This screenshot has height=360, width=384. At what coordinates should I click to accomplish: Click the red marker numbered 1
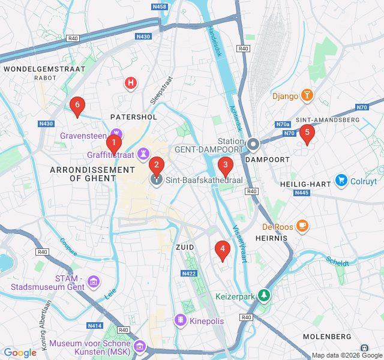(113, 143)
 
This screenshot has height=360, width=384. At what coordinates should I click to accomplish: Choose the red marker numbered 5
(307, 133)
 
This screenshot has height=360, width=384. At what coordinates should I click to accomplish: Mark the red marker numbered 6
(76, 105)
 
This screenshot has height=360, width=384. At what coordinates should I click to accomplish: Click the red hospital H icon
(130, 83)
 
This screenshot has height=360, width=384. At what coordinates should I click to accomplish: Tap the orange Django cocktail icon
(307, 95)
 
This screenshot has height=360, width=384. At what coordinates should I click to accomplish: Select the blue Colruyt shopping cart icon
(341, 180)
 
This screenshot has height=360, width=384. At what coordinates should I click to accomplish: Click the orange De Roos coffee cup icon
(302, 226)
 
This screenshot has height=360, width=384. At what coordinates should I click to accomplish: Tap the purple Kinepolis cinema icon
(180, 320)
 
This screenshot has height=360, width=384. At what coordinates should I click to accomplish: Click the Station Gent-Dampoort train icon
(253, 144)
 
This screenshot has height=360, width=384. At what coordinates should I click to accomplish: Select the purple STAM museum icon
(93, 281)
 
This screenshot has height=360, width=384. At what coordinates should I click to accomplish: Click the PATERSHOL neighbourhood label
(134, 116)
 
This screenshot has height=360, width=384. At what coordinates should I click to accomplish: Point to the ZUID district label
(185, 247)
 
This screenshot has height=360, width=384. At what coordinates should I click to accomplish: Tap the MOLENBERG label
(327, 336)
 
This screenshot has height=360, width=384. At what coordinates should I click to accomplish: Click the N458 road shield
(160, 7)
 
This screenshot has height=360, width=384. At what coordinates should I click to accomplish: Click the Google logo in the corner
(20, 353)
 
